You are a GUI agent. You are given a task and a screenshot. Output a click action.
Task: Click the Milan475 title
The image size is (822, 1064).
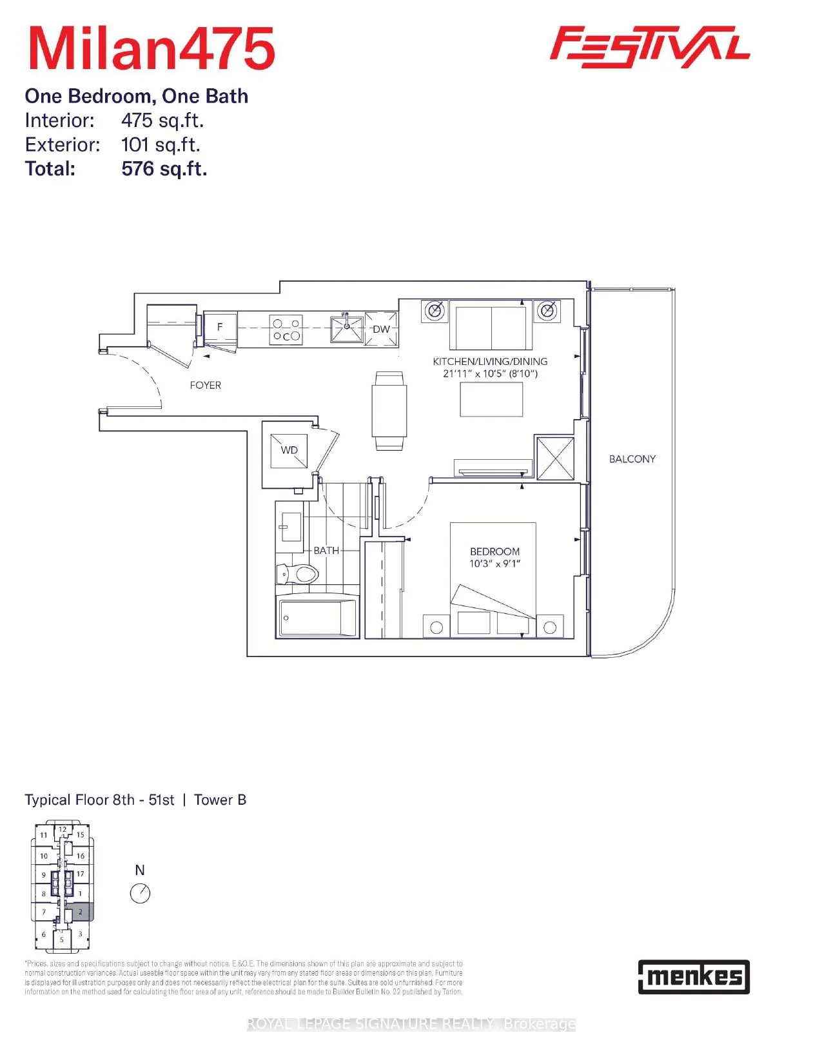(152, 49)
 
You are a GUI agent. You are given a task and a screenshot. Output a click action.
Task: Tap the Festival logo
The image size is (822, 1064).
(649, 46)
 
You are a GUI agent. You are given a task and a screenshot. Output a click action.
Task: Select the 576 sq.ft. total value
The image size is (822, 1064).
(164, 169)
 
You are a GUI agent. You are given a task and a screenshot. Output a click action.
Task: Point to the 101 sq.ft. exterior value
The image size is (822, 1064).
(161, 144)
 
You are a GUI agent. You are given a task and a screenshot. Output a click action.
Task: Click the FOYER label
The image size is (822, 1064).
(205, 385)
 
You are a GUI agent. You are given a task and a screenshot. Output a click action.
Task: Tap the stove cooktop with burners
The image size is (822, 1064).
(286, 330)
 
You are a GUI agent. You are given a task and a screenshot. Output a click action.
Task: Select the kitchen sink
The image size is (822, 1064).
(347, 329)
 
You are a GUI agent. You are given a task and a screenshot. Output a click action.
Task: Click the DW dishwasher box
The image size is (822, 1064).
(381, 329)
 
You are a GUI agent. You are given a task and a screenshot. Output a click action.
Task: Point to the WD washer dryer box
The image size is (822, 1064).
(289, 450)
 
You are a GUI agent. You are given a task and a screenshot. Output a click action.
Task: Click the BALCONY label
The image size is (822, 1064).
(632, 459)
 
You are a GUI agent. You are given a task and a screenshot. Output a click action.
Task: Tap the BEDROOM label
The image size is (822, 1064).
(494, 551)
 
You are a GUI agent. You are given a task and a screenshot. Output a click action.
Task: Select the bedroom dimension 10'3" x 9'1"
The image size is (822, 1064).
(494, 564)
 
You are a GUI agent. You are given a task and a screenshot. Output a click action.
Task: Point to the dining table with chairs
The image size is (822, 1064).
(389, 411)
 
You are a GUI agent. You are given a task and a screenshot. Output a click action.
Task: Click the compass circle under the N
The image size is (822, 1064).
(140, 893)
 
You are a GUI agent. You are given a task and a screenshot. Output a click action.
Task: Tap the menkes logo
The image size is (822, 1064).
(694, 976)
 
